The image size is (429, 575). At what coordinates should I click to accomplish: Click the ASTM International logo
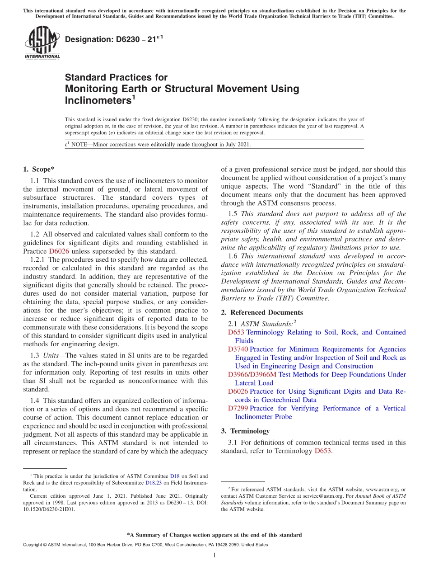42,43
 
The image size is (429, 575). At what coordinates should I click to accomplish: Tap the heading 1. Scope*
38,170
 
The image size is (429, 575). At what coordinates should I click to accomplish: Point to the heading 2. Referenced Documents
262,312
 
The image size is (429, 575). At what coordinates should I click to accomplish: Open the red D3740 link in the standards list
238,349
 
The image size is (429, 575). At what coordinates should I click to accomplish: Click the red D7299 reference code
238,408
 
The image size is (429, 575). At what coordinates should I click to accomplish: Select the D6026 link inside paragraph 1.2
59,251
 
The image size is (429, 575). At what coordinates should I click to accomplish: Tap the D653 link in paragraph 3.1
323,451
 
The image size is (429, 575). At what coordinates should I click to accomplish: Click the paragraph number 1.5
233,214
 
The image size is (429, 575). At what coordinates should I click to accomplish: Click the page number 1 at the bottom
214,555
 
